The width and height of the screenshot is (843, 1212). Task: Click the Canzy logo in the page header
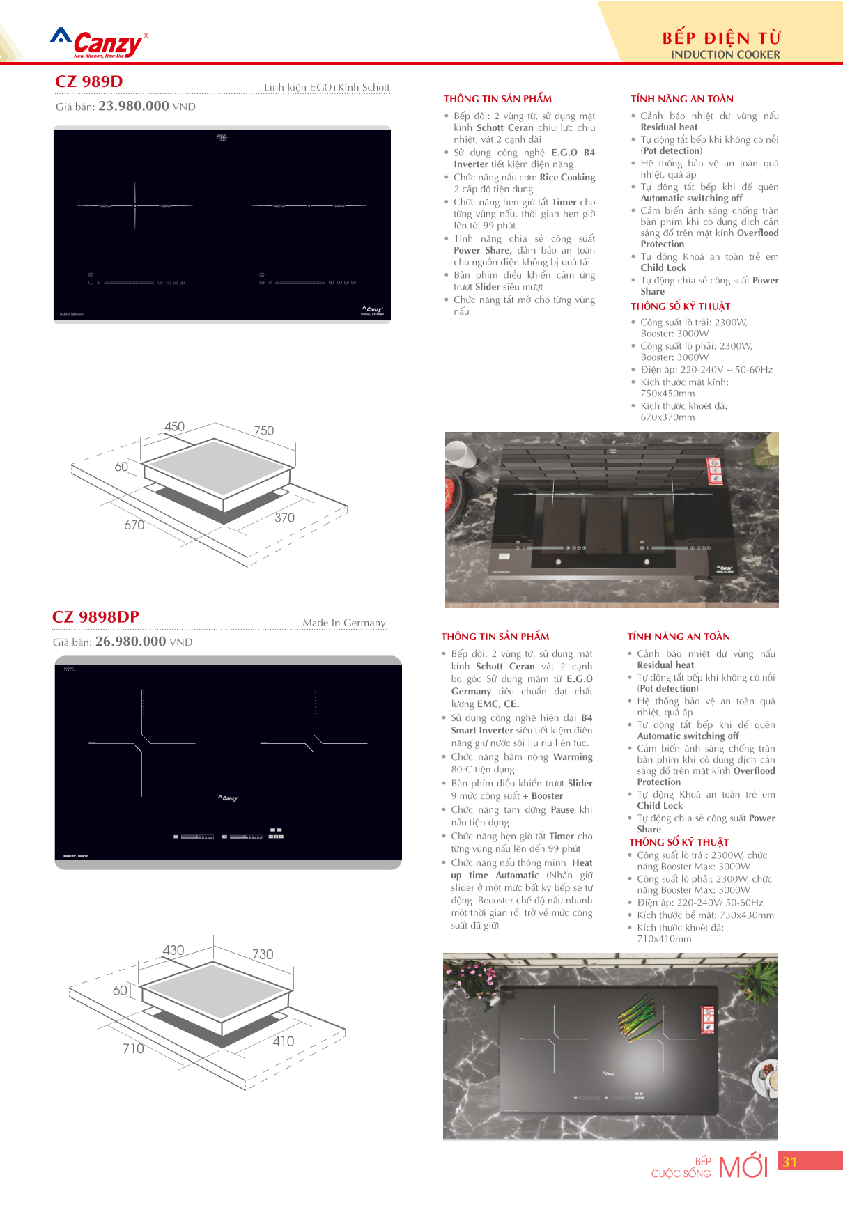pos(100,43)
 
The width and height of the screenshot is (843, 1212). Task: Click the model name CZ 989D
pos(88,81)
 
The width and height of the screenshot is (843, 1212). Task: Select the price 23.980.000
pos(134,106)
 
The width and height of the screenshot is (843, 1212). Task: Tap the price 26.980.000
pos(130,642)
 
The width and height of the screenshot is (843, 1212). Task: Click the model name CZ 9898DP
pos(95,617)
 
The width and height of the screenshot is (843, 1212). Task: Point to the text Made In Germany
pos(343,623)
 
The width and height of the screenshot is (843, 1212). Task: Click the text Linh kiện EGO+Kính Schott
pos(326,87)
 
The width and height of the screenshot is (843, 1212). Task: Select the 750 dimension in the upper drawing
pos(264,430)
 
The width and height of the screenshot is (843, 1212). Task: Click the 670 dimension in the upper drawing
pos(134,525)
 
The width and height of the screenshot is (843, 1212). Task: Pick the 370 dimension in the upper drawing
pos(284,518)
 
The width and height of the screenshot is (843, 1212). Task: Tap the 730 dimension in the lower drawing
pos(263,954)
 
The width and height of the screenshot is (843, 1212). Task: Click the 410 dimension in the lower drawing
pos(283,1041)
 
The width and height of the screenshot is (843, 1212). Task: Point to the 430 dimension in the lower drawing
pos(173,950)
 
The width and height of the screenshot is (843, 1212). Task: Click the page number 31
pos(789,1162)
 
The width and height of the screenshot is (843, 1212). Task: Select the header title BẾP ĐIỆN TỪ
pos(721,38)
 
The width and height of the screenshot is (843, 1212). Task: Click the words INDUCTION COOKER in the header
pos(725,54)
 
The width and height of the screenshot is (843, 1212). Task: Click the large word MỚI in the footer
pos(743,1167)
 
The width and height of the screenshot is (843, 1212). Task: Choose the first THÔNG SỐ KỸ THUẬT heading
pos(680,306)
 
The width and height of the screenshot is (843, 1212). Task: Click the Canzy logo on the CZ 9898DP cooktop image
pos(228,798)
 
